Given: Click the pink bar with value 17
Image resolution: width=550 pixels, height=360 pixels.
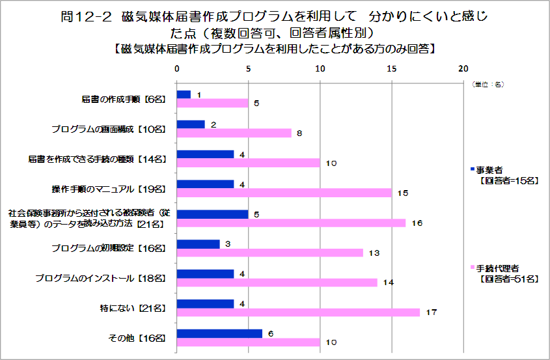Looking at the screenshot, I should pos(298,312).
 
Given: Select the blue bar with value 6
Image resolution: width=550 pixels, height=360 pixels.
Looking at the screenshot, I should pos(219,333).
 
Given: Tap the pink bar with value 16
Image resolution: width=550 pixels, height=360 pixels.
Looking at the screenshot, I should pos(291,223).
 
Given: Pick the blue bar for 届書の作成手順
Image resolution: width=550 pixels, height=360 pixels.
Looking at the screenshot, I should pos(184,94).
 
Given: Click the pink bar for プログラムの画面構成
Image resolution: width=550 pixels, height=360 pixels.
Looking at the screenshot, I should pos(234,133).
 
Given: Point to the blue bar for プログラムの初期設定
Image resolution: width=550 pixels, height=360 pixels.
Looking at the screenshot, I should pos(198,244).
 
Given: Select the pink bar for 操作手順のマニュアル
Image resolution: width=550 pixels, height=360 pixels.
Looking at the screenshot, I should pos(284,193).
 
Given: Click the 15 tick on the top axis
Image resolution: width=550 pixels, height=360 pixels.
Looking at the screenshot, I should pos(391,68).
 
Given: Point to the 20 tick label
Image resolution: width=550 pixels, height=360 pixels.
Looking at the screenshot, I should pos(463,68).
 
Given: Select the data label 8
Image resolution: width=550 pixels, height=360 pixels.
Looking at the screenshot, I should pos(299,133).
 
